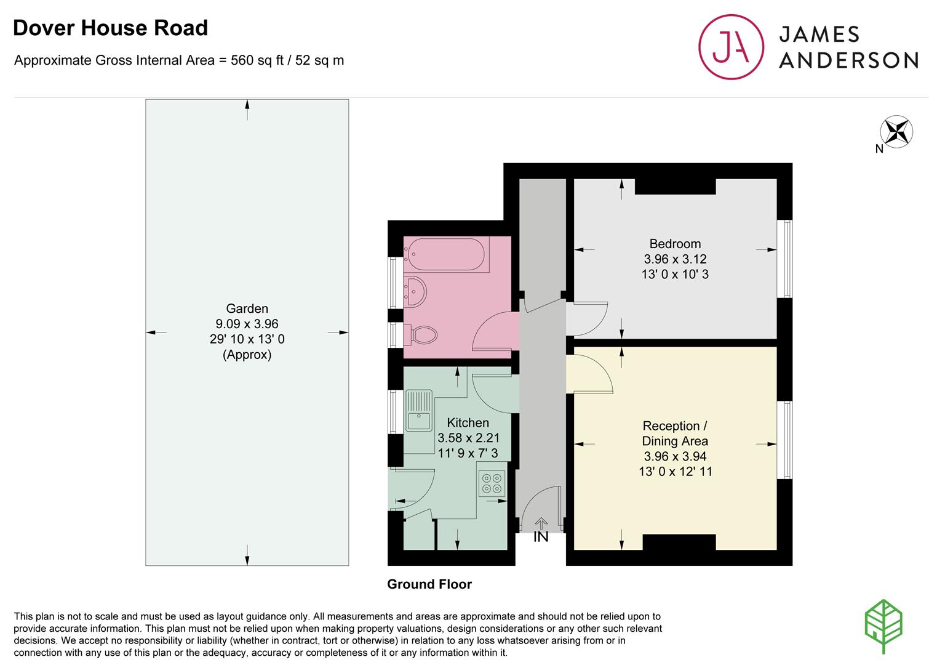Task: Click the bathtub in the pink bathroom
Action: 446,254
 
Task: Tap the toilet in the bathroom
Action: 420,335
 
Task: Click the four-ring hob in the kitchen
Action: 492,483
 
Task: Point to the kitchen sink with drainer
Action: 419,411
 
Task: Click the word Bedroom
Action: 675,244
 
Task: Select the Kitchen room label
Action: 468,422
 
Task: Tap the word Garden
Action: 247,308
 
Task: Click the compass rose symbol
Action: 896,132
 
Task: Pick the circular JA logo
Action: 731,47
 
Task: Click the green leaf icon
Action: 883,626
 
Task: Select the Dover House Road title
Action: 110,28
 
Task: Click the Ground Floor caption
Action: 429,584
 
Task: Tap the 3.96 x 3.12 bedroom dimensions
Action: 675,259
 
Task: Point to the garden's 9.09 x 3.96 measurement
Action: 247,324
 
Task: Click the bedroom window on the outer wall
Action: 784,259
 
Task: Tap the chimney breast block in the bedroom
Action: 675,187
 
